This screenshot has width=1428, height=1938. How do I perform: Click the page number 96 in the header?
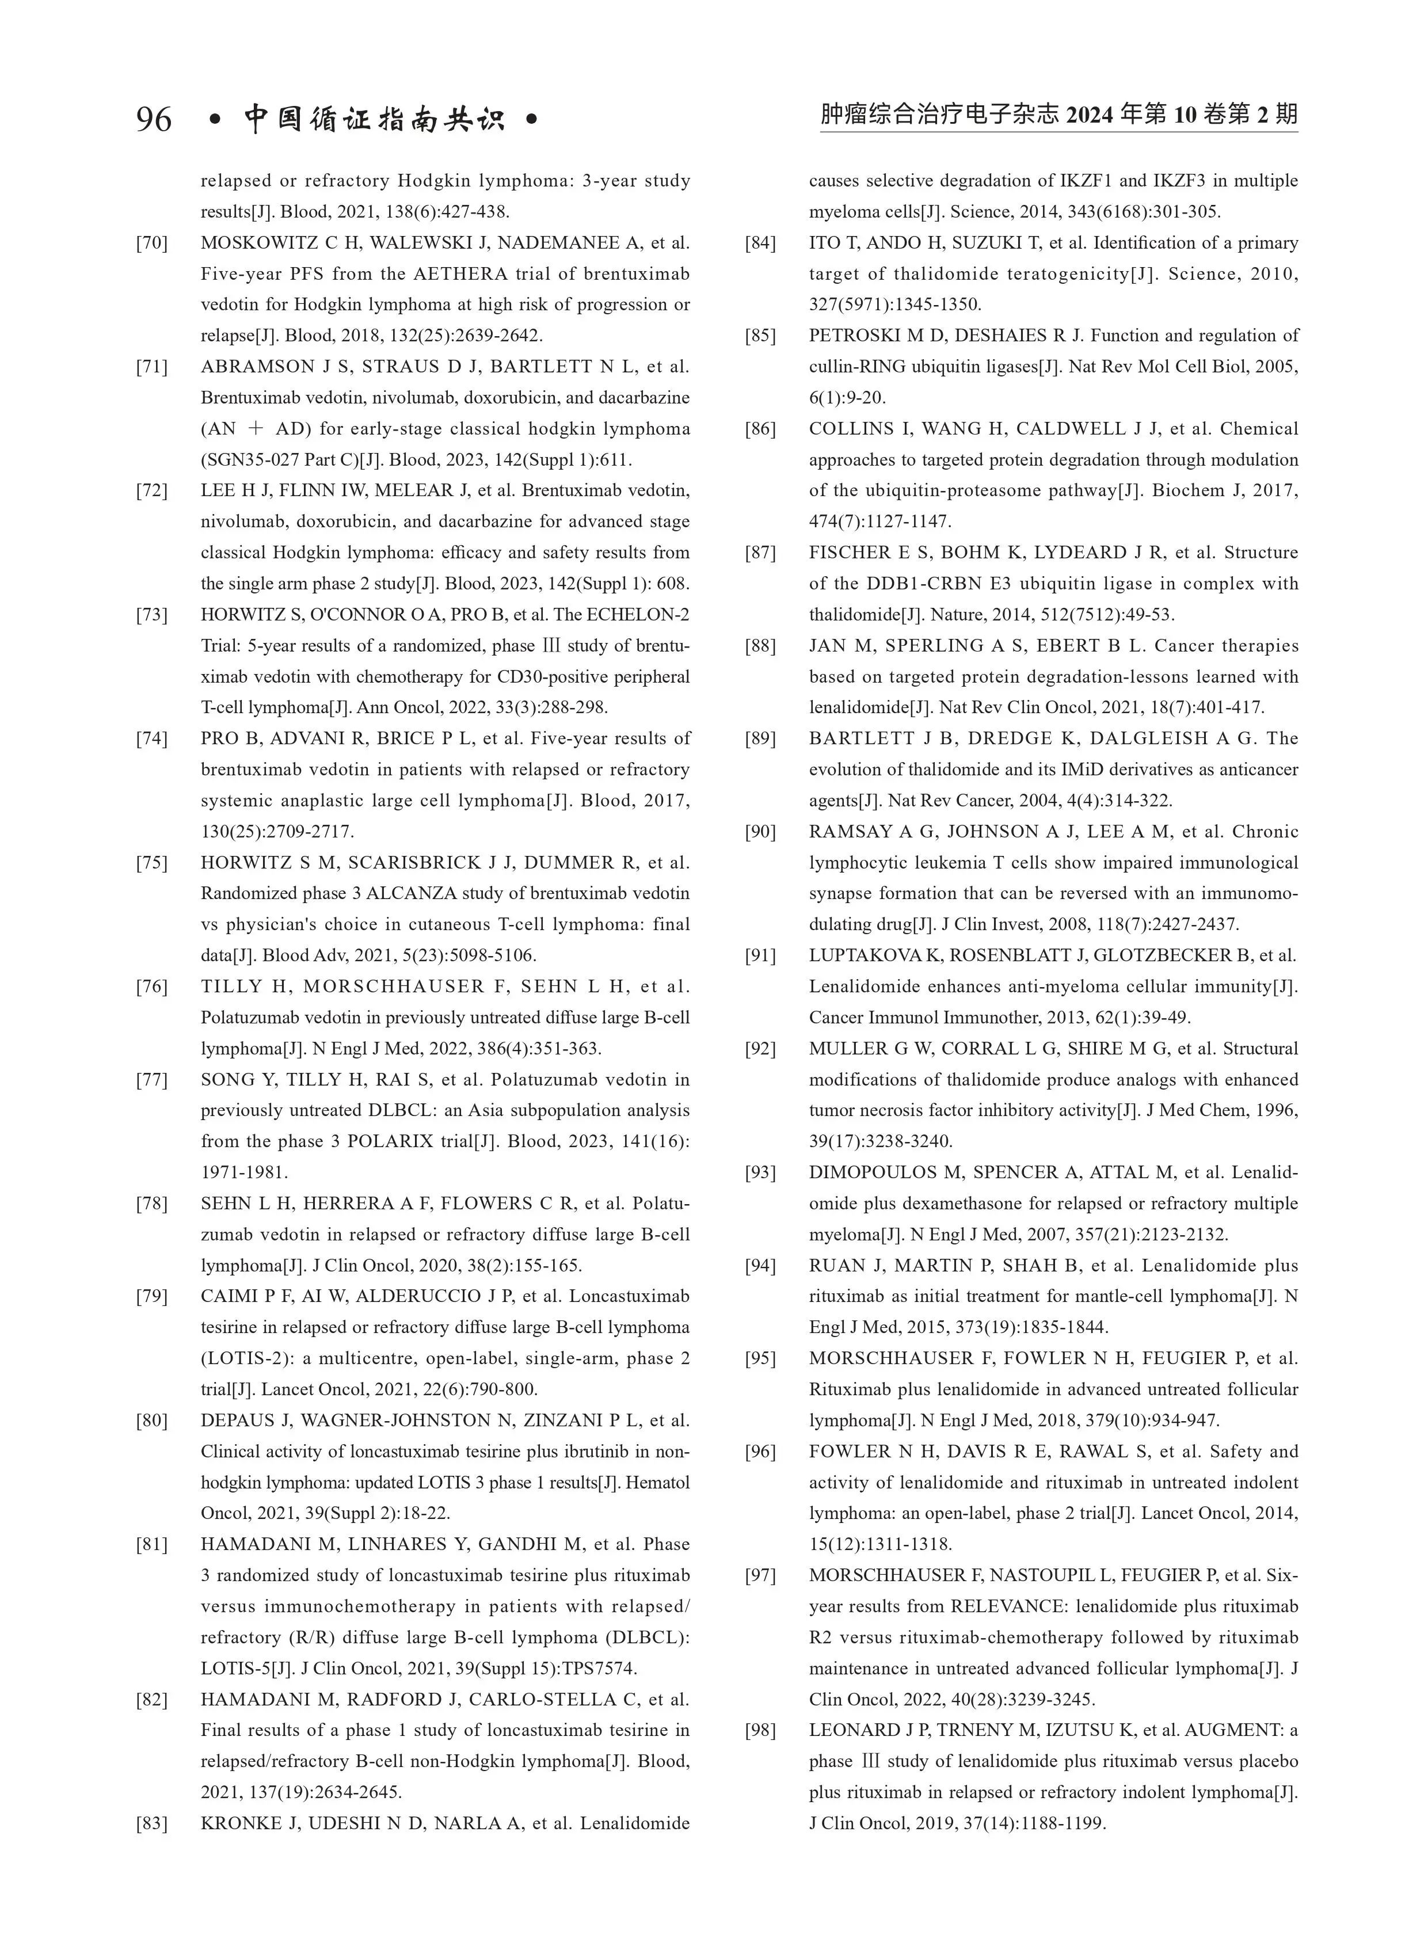tap(154, 119)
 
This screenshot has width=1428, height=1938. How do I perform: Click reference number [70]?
tap(151, 243)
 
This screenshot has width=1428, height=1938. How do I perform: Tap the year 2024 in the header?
tap(1090, 115)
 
